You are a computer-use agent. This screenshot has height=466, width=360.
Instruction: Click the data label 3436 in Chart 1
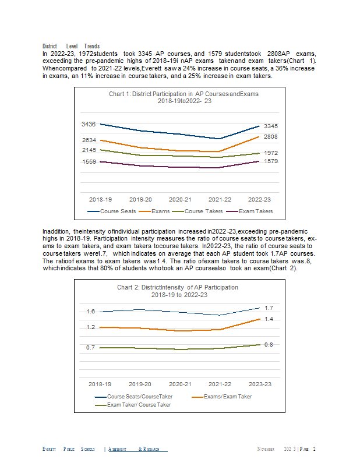[89, 124]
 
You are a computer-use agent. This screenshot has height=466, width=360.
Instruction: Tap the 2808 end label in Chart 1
[270, 137]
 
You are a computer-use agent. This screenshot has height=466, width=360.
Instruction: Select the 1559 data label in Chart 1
[89, 162]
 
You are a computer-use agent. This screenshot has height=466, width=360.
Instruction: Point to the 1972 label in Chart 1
[271, 153]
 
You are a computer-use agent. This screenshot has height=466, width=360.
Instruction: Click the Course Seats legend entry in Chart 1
[111, 211]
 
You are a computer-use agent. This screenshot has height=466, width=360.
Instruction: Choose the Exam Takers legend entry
[249, 211]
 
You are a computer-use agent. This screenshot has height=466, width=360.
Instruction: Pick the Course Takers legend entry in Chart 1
[197, 211]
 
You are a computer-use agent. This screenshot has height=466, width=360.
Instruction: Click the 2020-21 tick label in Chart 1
[180, 200]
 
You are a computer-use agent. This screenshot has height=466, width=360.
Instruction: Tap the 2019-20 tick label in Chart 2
[140, 384]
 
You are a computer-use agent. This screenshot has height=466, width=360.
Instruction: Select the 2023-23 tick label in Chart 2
[260, 384]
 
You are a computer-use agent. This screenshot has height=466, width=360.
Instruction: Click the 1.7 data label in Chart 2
[269, 308]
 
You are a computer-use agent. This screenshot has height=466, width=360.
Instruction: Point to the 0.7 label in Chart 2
[90, 347]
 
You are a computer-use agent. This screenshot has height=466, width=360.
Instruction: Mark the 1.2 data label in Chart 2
[91, 327]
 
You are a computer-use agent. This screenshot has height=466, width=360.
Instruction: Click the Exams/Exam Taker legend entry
[222, 397]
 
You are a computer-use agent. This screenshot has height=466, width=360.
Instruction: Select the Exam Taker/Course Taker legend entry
[133, 405]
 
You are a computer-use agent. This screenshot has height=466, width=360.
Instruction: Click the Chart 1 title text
[183, 97]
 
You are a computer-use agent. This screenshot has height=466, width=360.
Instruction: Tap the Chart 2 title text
[178, 291]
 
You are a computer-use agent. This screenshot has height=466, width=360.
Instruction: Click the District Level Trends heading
[71, 46]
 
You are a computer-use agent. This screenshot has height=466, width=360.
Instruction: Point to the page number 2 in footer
[314, 449]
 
